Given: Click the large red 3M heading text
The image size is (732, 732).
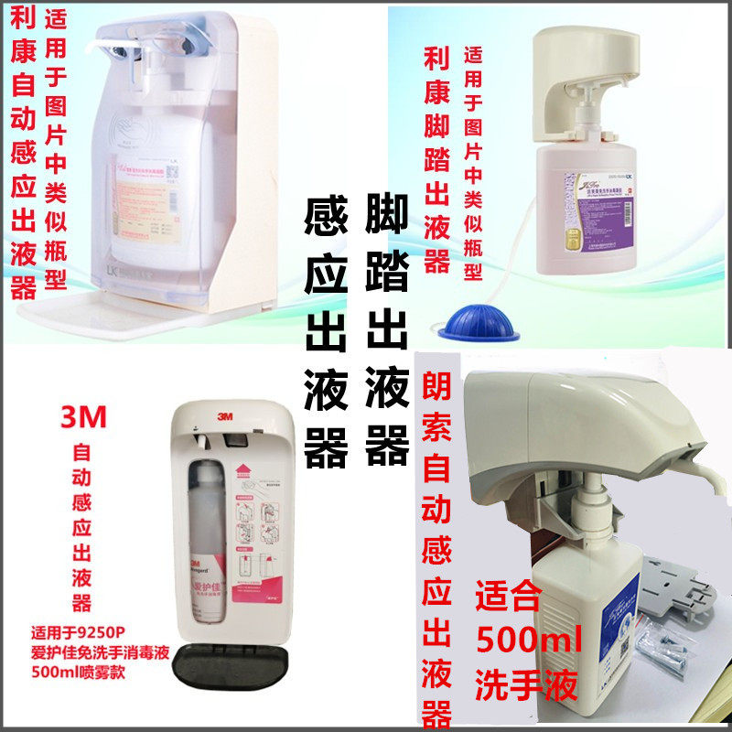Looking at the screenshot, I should point(83,418).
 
